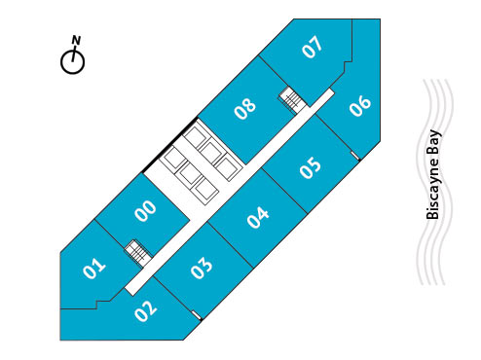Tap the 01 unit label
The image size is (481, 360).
click(x=94, y=267)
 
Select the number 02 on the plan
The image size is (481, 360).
click(x=146, y=312)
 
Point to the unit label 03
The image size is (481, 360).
click(x=202, y=267)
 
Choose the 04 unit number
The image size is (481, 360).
click(x=257, y=217)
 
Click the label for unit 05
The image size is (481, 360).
click(x=311, y=167)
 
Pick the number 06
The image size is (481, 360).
click(x=360, y=105)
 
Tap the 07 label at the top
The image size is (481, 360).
click(x=312, y=47)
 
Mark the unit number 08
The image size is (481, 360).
click(x=245, y=107)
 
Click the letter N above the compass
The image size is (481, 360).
click(x=75, y=40)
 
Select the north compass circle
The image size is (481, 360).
click(x=73, y=61)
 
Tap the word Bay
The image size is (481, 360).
click(x=434, y=143)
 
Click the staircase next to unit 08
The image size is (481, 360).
click(x=290, y=98)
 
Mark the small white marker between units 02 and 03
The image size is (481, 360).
click(x=198, y=314)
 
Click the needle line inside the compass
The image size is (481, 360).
click(x=73, y=58)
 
